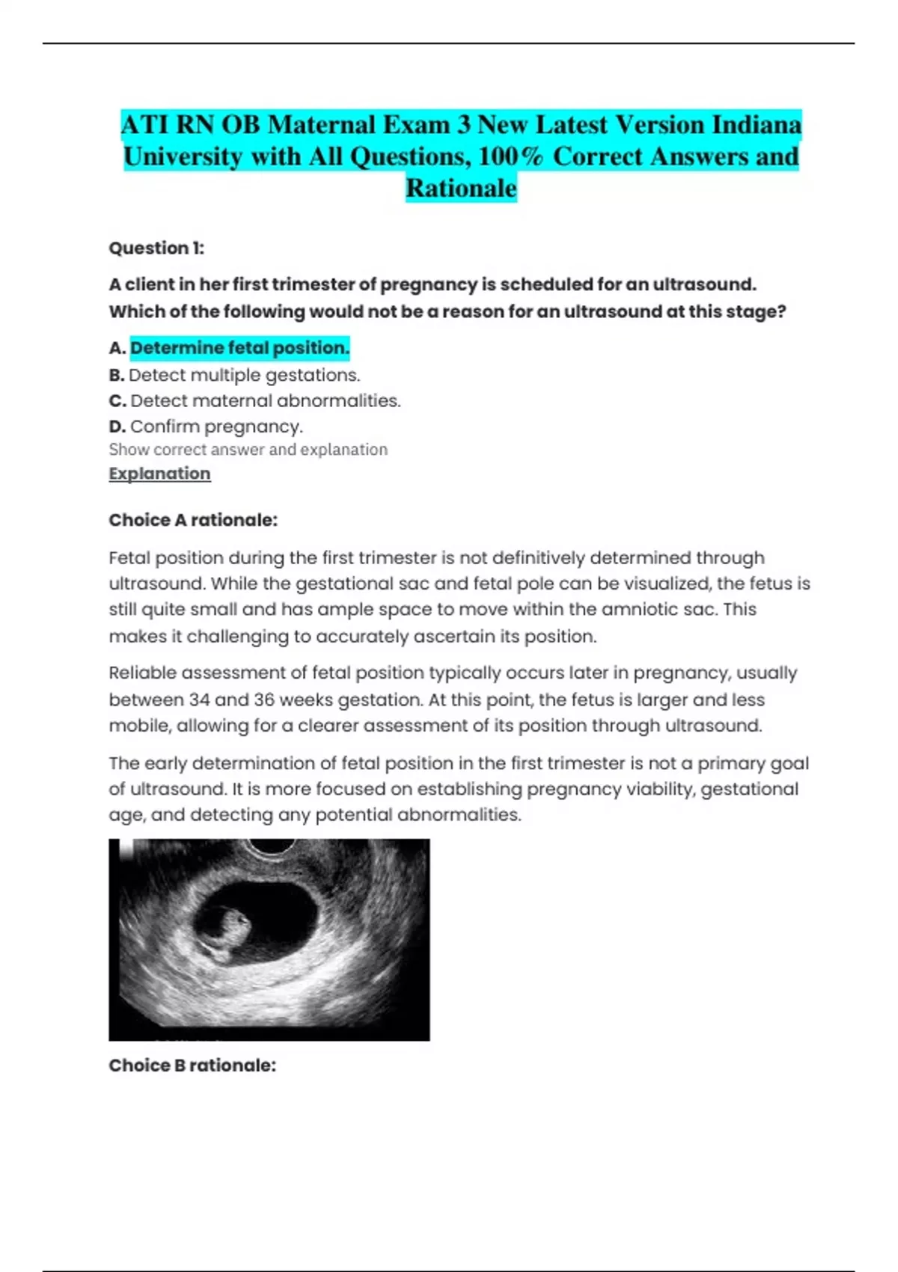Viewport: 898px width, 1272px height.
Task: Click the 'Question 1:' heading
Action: click(156, 248)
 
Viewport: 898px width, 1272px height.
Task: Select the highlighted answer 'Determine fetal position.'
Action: click(239, 348)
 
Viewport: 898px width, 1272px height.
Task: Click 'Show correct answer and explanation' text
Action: click(248, 450)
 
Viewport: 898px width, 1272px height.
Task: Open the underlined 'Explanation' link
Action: click(159, 474)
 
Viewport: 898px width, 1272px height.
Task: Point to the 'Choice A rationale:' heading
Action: click(193, 520)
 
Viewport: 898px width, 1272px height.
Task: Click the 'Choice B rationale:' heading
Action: click(192, 1065)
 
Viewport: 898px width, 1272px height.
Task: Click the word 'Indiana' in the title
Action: click(756, 124)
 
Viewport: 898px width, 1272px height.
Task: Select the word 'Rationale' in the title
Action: click(461, 188)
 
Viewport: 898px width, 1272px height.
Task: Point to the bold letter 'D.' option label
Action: click(117, 426)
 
